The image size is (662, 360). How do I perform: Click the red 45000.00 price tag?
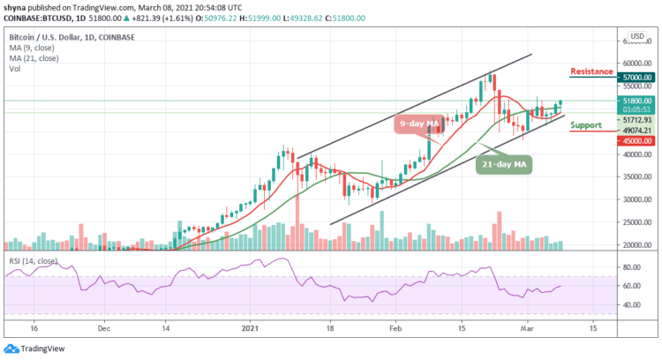(x=632, y=139)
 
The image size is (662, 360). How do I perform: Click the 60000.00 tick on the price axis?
(x=632, y=64)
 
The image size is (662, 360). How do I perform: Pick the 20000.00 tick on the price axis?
(x=632, y=245)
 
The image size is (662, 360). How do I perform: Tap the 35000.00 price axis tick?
(x=632, y=176)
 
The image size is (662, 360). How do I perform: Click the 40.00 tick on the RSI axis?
(x=630, y=304)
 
